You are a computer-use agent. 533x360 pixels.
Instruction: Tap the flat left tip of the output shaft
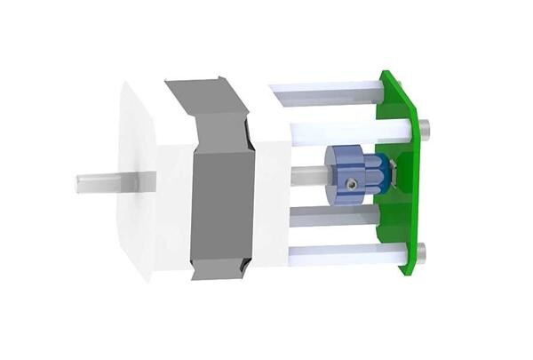[x=78, y=183]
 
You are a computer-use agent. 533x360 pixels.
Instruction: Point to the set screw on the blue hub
[x=353, y=183]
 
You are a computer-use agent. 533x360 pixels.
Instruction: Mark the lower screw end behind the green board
[x=427, y=252]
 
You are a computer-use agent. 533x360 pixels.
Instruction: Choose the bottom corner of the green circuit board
[x=410, y=269]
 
